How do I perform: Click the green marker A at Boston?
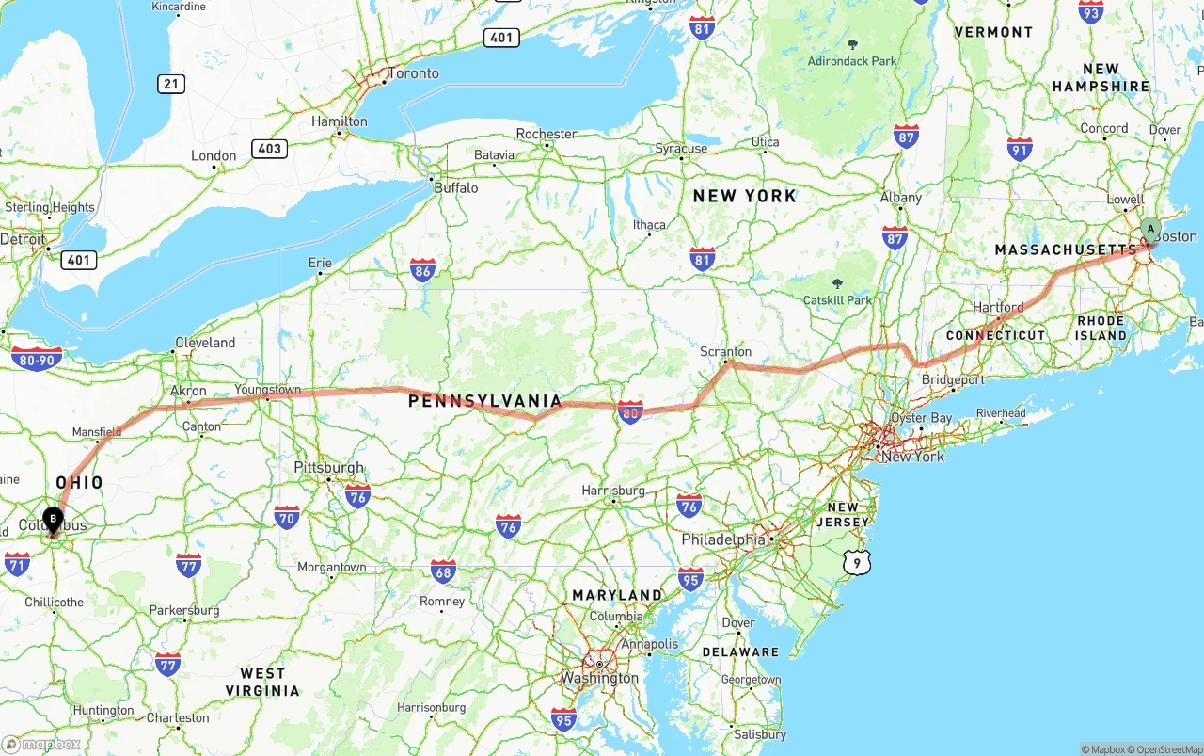[x=1149, y=229]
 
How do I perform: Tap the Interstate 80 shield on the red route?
[x=630, y=412]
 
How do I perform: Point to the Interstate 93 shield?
[x=1091, y=11]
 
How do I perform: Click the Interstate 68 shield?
[x=443, y=570]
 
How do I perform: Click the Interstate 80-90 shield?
[x=38, y=358]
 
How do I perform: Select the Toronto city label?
[x=414, y=73]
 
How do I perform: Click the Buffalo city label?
[x=456, y=187]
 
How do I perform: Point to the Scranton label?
[x=725, y=351]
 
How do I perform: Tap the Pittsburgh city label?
[x=328, y=467]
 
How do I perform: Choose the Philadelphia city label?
[x=723, y=539]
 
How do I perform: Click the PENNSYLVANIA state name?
[x=484, y=401]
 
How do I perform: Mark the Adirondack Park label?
[x=852, y=61]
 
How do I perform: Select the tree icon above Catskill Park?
[x=837, y=282]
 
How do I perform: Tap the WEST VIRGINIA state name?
[x=262, y=682]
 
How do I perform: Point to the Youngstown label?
[x=268, y=389]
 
